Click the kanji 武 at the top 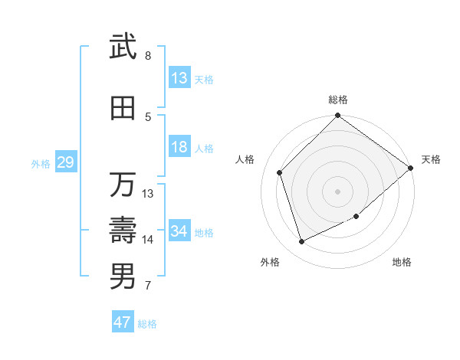point(123,47)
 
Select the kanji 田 point(123,108)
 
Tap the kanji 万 point(123,185)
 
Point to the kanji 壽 point(123,231)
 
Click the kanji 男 point(123,277)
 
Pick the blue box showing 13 point(179,78)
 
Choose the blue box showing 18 point(179,147)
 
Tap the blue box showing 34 point(179,231)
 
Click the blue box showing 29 point(65,162)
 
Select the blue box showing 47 point(123,322)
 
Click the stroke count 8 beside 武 point(148,56)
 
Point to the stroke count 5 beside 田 point(148,117)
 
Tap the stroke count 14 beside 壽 point(148,240)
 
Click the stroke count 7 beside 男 point(148,286)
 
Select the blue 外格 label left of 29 point(41,163)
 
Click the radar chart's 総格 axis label point(338,100)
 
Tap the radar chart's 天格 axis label point(431,159)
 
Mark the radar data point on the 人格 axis point(280,172)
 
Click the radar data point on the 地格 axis point(356,216)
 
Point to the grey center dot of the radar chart point(338,191)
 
